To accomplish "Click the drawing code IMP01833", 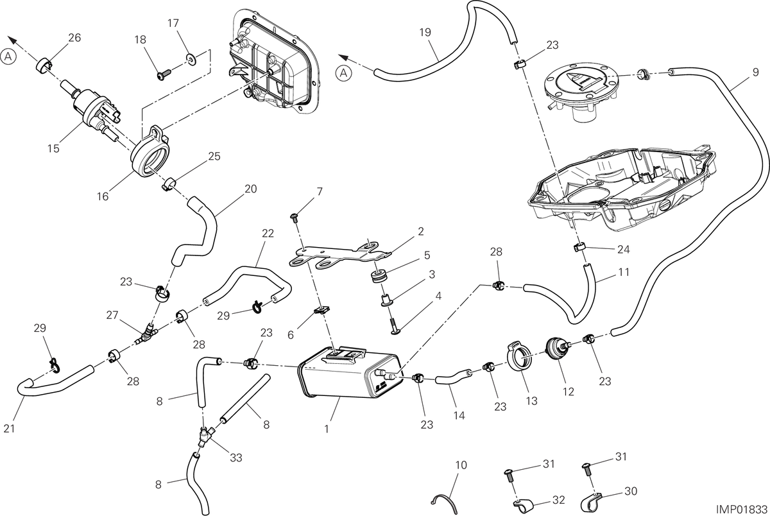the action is coord(742,509).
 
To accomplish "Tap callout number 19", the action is coord(425,32).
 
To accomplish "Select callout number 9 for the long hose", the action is coord(756,72).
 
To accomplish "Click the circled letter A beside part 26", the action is coord(8,56).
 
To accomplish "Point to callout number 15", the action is coord(53,148).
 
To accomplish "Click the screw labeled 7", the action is coord(294,218).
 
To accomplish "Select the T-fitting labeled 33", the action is coord(205,436).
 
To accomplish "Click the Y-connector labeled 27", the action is coord(147,333).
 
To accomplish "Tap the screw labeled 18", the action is coord(164,75).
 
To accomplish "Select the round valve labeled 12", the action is coord(557,348).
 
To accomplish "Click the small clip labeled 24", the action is coord(579,248).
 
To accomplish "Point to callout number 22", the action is coord(268,234).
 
